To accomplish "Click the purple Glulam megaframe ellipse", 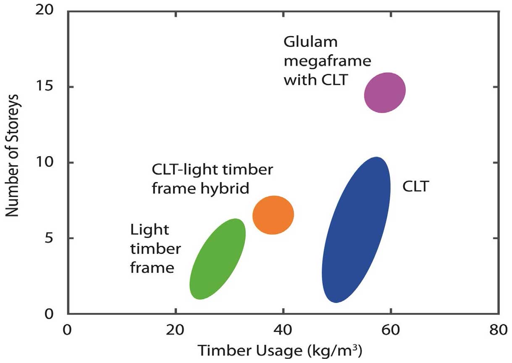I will pos(384,92).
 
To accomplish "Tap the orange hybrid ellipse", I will pos(273,215).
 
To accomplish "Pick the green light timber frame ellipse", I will pos(217,259).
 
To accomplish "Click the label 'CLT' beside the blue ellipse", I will pos(415,187).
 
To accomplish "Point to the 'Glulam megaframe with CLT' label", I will pos(327,61).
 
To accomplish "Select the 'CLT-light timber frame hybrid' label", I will pos(212,179).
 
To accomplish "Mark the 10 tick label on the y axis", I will pos(47,162).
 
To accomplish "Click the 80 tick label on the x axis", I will pos(498,330).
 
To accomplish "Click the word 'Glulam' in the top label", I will pos(311,42).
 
